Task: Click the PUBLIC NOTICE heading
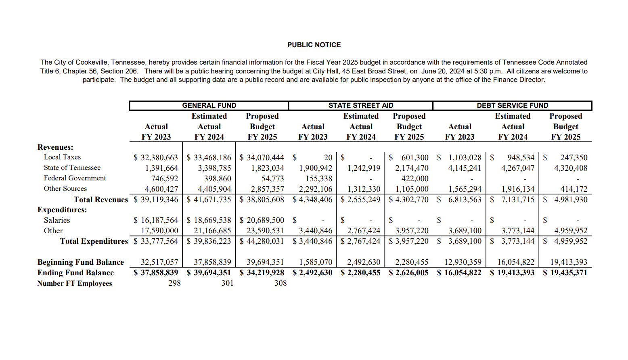314,45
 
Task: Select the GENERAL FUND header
209,105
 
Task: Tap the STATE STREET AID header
360,105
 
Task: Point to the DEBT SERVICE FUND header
512,105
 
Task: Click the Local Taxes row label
62,157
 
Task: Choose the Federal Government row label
75,178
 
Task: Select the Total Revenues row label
100,199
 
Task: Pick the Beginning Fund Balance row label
80,262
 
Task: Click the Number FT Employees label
75,283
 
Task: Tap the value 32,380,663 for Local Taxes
159,157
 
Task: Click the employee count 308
281,283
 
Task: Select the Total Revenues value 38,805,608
265,199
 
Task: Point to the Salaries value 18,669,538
212,220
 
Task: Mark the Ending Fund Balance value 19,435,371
569,273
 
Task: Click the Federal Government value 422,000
414,178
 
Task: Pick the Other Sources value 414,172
574,189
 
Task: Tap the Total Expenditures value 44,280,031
265,241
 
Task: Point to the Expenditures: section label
62,210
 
